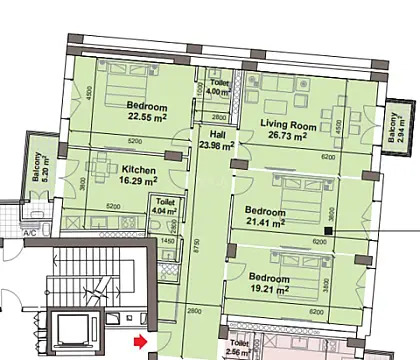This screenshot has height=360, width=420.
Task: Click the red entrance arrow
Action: [x=140, y=343]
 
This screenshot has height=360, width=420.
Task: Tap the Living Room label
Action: [x=289, y=126]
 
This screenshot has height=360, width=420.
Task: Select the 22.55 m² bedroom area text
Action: [x=147, y=117]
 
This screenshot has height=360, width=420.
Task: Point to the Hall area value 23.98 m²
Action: [x=216, y=145]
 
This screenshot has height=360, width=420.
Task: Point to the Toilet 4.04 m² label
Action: [x=166, y=208]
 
